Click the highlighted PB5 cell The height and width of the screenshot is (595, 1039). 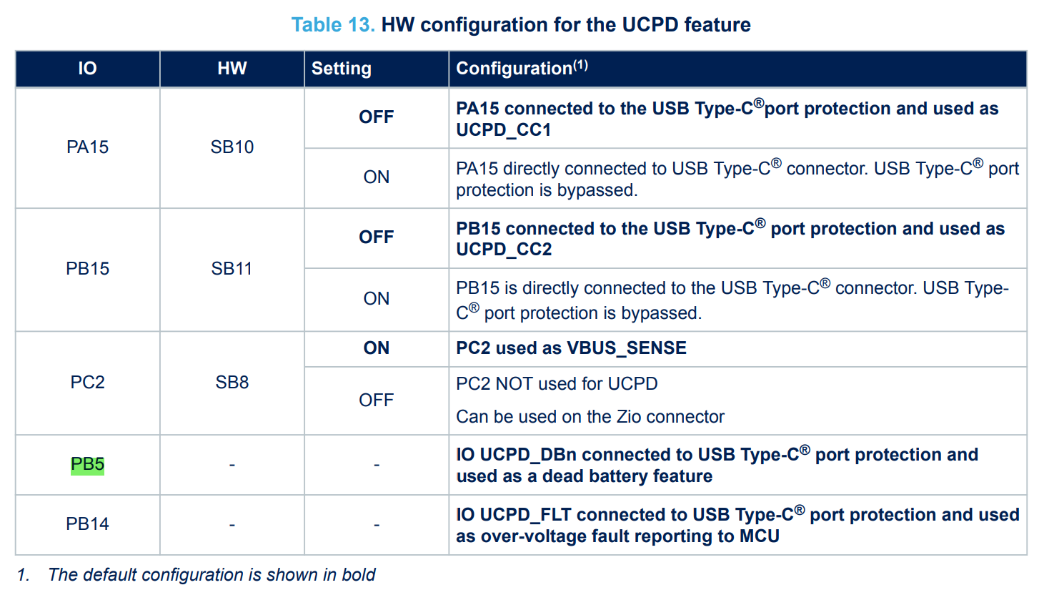pos(87,465)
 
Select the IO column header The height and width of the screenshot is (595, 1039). pos(87,69)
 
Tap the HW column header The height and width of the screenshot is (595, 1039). pos(232,69)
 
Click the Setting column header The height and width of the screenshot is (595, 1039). pos(342,69)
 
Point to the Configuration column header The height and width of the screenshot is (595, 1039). pos(522,68)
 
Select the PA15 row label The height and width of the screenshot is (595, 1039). pos(87,147)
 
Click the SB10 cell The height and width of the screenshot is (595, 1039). pos(232,147)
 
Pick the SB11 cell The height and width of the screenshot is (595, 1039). pos(232,269)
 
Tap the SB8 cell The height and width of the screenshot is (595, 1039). pos(232,383)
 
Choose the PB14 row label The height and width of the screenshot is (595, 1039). pos(87,524)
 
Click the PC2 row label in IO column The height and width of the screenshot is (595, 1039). pos(87,383)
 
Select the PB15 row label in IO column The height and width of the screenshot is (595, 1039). pos(87,269)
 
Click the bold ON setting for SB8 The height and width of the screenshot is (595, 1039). pos(376,348)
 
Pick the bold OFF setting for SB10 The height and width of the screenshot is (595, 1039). pos(376,117)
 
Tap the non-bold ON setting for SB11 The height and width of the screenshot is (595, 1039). pos(376,299)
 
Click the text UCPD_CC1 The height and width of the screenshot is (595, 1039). pos(504,130)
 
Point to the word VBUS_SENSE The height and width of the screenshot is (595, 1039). pos(627,348)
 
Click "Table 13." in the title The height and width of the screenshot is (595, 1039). pos(333,25)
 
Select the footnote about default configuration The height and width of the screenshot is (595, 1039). pos(196,575)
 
